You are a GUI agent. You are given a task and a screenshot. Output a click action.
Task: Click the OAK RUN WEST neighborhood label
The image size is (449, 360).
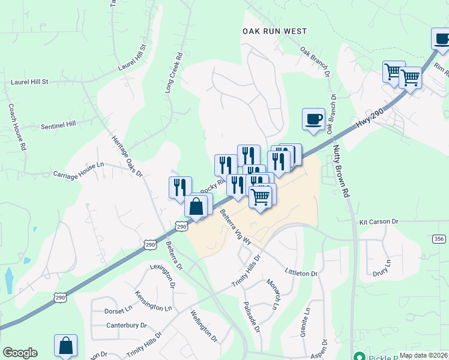(274, 31)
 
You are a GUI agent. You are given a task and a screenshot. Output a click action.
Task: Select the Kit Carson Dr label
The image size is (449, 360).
(379, 221)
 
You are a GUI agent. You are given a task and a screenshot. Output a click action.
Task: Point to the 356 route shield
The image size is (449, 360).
(439, 239)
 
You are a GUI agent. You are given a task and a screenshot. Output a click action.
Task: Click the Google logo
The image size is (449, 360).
(20, 353)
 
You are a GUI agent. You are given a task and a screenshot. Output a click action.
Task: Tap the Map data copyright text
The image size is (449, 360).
(424, 355)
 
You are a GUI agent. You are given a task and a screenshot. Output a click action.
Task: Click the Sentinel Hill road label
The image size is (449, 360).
(58, 125)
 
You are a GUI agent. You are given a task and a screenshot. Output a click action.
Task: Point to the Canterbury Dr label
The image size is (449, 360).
(127, 325)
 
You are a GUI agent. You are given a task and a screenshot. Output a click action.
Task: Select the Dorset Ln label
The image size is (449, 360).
(118, 310)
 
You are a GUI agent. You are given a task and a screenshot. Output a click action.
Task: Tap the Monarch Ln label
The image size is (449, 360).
(273, 295)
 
